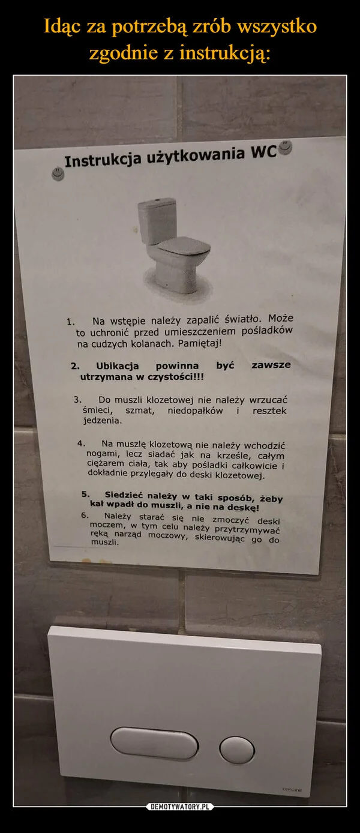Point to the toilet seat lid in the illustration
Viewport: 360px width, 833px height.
pos(183,245)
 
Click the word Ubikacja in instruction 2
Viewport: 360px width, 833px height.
pos(118,365)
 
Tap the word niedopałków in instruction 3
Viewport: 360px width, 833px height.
pos(196,410)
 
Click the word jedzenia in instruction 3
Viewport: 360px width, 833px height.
pos(103,421)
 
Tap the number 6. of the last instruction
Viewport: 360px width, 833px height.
pos(85,515)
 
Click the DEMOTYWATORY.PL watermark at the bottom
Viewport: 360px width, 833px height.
pos(180,805)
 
